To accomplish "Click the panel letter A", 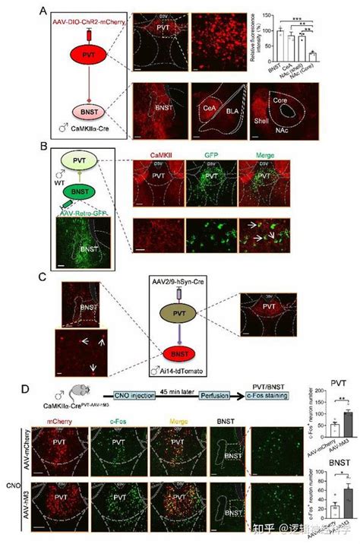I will coord(45,12).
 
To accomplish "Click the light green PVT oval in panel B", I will coord(79,162).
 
